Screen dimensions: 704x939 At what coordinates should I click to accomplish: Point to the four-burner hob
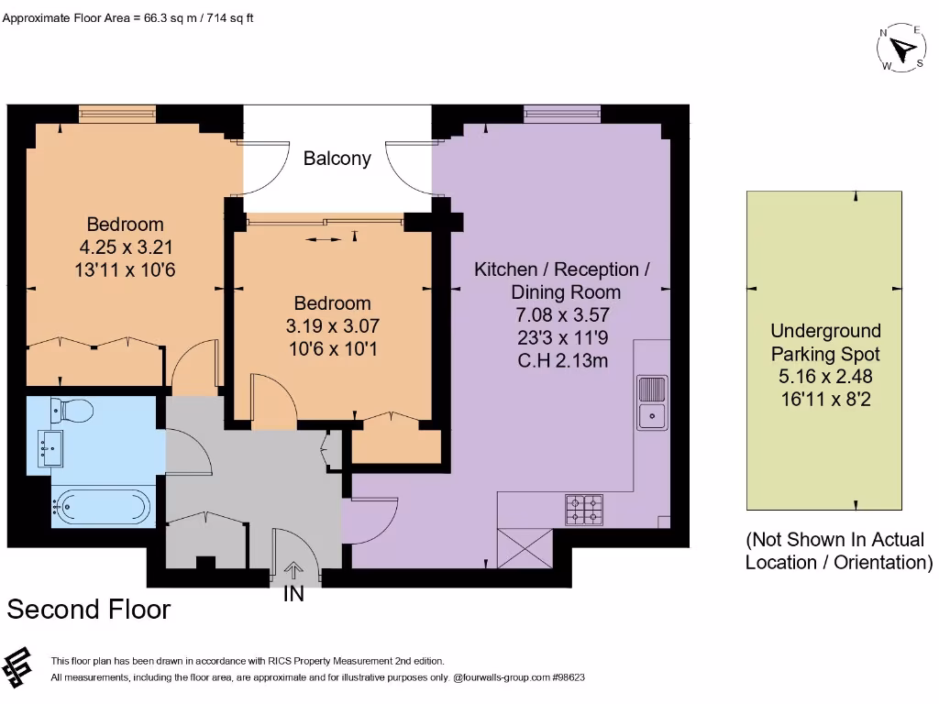584,510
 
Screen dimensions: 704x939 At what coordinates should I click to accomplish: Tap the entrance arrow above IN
293,569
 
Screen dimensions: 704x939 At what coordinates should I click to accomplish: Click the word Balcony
337,159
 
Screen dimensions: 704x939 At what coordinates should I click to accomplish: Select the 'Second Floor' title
89,610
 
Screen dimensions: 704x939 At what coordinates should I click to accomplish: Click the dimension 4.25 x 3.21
125,247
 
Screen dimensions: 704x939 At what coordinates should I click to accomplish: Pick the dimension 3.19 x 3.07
332,325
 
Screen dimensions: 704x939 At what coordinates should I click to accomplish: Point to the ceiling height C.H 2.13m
562,360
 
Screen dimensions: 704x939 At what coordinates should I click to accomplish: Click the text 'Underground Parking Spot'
825,342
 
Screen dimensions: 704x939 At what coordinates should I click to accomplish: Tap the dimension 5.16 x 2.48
825,376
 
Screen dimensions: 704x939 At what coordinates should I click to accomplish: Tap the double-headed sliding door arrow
324,239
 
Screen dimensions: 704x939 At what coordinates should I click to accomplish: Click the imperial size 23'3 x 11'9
562,337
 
